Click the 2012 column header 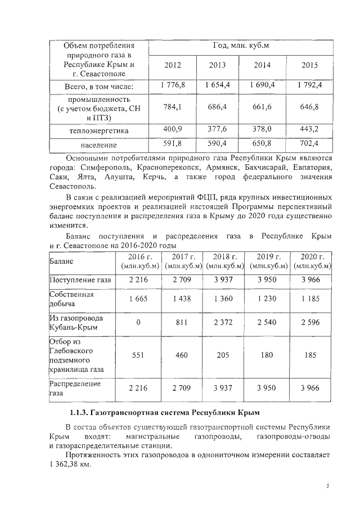[173, 65]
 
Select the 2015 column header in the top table [309, 65]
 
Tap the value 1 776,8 [173, 85]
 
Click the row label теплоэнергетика [98, 130]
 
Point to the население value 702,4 [309, 144]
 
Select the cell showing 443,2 [309, 129]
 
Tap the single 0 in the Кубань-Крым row [138, 323]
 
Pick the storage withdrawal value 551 [138, 355]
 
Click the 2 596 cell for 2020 [312, 323]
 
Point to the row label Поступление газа [80, 280]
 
